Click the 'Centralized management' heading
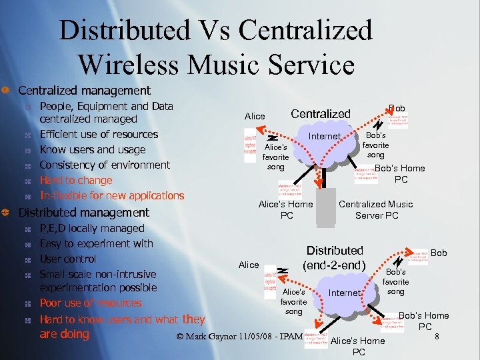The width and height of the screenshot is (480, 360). tap(84, 90)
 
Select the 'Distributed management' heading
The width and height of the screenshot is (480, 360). tap(83, 212)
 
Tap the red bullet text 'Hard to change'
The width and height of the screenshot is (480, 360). tap(76, 180)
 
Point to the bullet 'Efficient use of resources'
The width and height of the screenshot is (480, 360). tap(99, 134)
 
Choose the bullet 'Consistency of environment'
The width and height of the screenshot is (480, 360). tap(105, 165)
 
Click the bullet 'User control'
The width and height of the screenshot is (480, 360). tap(68, 259)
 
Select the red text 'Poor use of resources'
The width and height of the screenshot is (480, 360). tap(91, 303)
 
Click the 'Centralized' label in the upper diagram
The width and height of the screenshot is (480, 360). tap(321, 113)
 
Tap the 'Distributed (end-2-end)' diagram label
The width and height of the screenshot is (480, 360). tap(335, 257)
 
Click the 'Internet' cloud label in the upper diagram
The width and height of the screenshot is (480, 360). tap(324, 137)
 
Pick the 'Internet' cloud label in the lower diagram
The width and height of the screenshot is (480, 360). tap(344, 293)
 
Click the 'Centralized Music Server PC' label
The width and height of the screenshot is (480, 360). tap(375, 209)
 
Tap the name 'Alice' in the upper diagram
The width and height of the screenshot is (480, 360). tap(255, 116)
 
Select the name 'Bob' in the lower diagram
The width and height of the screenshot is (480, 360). tap(439, 253)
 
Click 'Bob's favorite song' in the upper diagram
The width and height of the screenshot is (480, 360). tap(376, 145)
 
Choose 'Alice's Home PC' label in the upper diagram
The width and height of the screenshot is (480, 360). tap(285, 209)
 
